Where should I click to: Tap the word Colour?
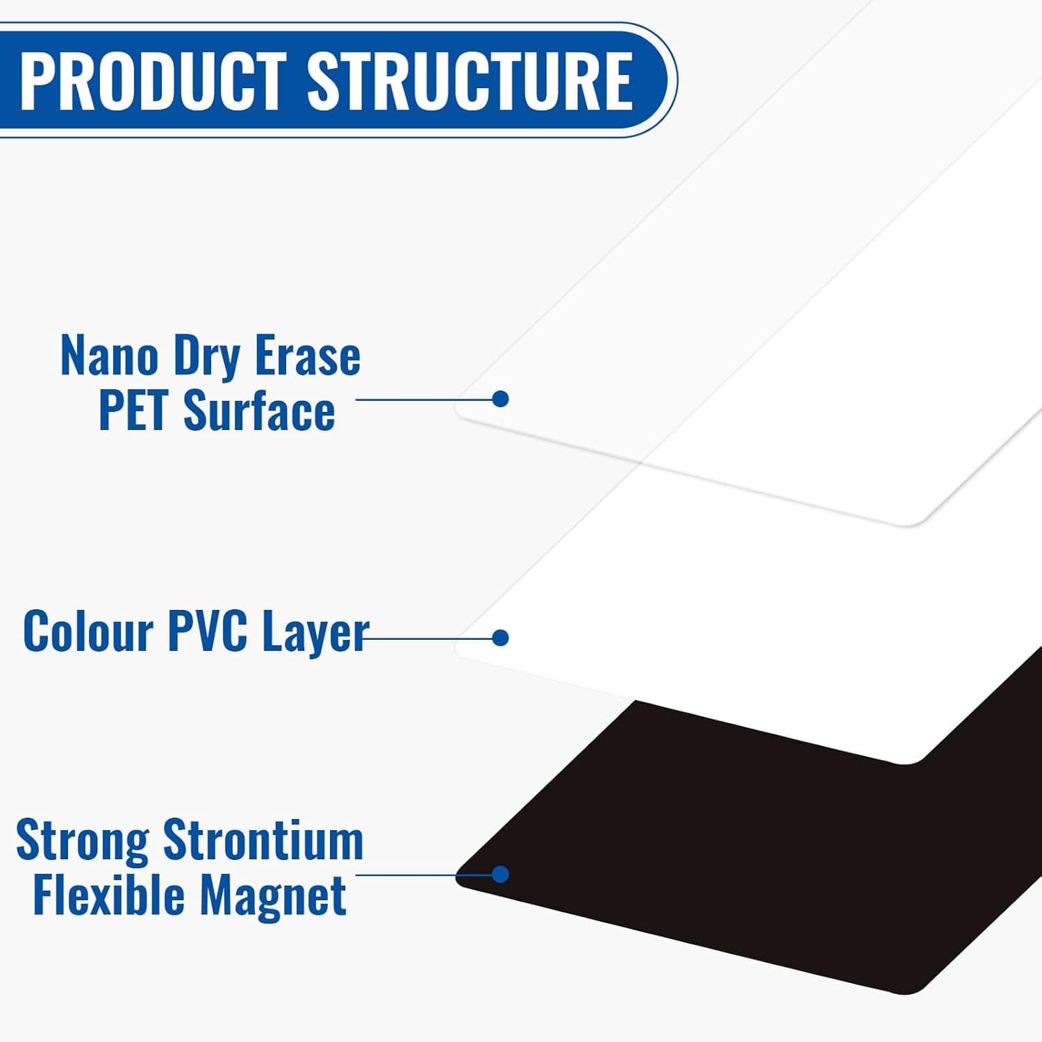pyautogui.click(x=88, y=631)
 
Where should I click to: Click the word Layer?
pyautogui.click(x=315, y=634)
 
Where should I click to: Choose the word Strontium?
pyautogui.click(x=263, y=840)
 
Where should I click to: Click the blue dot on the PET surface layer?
pyautogui.click(x=500, y=399)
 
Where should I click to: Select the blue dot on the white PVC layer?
pyautogui.click(x=500, y=637)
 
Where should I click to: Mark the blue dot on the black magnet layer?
pyautogui.click(x=500, y=874)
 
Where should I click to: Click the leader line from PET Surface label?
pyautogui.click(x=424, y=399)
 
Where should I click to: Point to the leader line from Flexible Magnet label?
pyautogui.click(x=424, y=874)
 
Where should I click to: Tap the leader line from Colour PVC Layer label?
pyautogui.click(x=428, y=637)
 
